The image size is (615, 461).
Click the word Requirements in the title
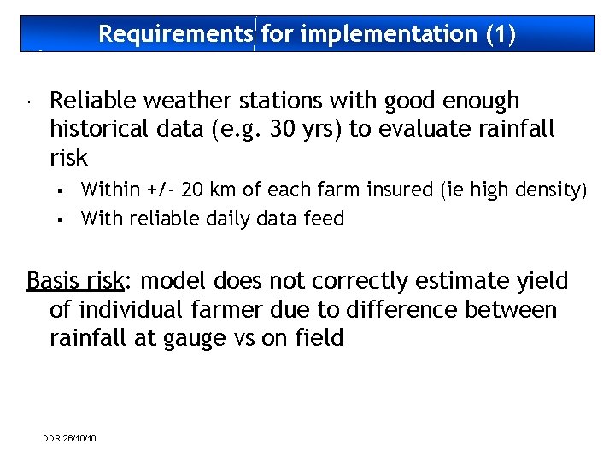175,34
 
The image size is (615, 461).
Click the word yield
542,281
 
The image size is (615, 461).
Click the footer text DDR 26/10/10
69,439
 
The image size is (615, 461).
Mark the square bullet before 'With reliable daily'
63,219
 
